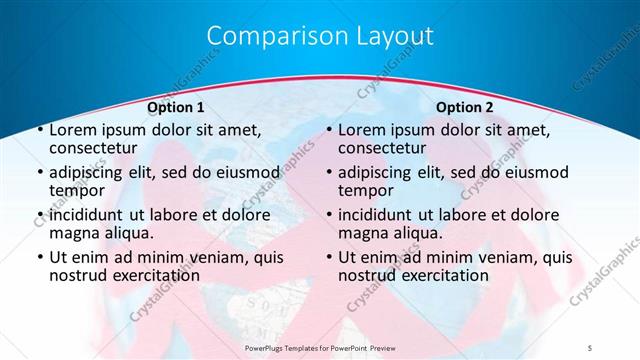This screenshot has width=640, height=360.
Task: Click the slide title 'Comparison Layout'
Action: [320, 37]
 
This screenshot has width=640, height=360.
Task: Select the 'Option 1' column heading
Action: [176, 107]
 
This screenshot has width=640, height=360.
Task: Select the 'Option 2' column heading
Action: [465, 107]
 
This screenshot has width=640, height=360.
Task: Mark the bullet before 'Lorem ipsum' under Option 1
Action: [39, 131]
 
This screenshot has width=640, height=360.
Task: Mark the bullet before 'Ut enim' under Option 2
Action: [328, 257]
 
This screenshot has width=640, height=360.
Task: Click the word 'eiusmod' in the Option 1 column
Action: [246, 172]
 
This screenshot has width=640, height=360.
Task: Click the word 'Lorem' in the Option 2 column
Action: [362, 130]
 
